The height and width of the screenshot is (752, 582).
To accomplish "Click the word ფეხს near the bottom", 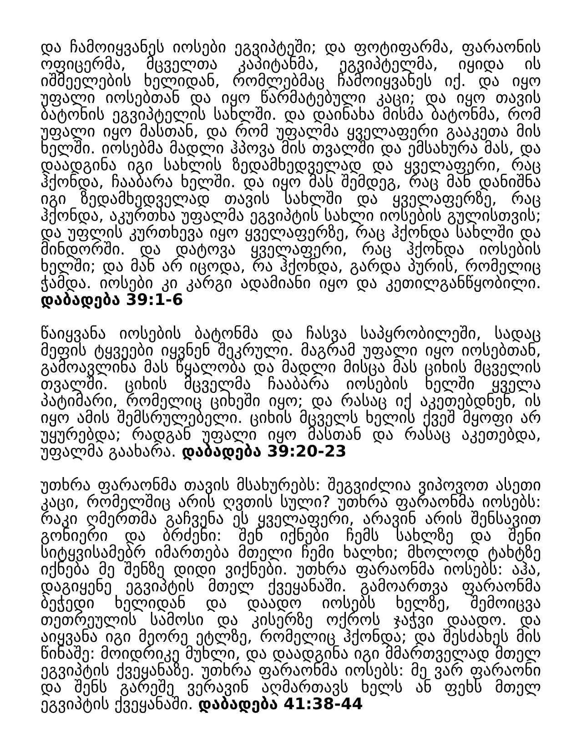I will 471,688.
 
